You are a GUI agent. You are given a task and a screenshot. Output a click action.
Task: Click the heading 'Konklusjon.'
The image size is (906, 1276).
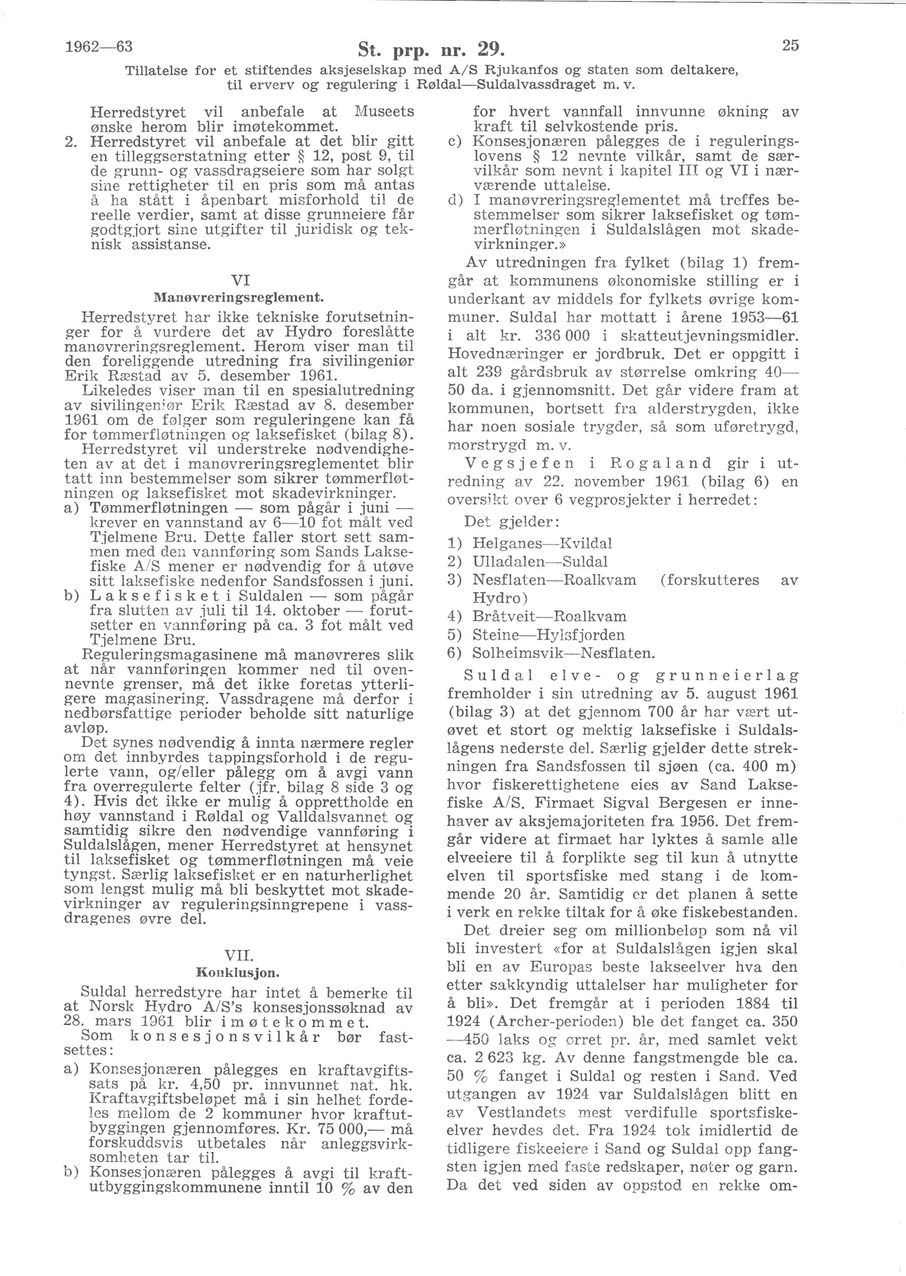(238, 973)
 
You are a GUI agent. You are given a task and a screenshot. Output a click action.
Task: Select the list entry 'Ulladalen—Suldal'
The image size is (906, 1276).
(540, 561)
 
